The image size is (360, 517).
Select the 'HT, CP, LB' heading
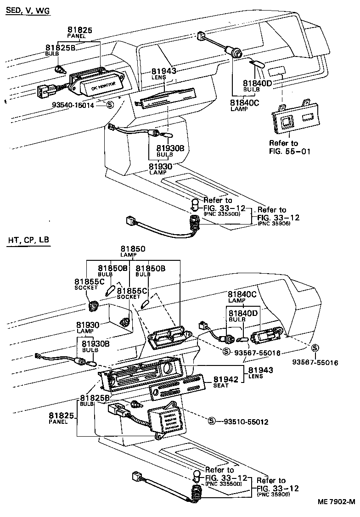pyautogui.click(x=27, y=240)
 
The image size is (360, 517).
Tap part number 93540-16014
pyautogui.click(x=79, y=105)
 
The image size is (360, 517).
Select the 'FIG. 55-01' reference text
pyautogui.click(x=290, y=151)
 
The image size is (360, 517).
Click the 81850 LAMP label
pyautogui.click(x=133, y=251)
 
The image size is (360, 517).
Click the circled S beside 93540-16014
pyautogui.click(x=110, y=105)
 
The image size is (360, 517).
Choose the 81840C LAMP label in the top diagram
pyautogui.click(x=244, y=105)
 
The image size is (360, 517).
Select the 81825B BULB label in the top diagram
pyautogui.click(x=60, y=50)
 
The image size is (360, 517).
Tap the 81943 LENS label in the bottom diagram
pyautogui.click(x=261, y=372)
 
